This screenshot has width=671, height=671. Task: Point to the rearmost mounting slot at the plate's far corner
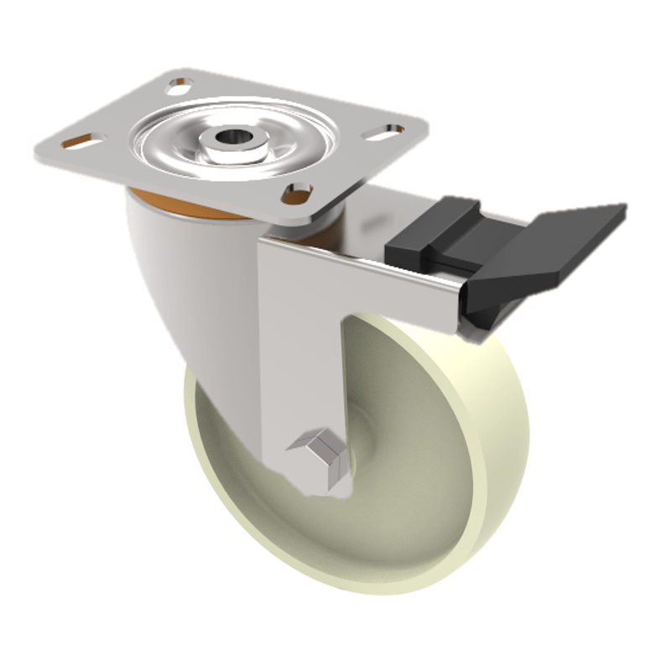(179, 83)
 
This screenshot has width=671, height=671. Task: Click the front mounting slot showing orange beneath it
(295, 195)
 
